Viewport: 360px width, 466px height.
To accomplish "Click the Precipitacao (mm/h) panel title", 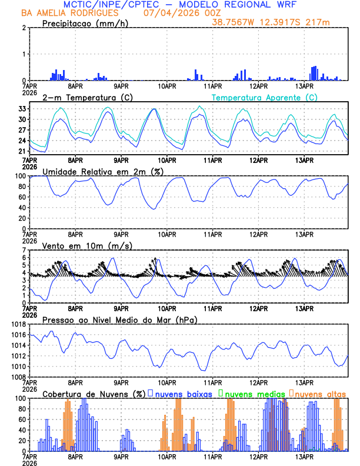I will pyautogui.click(x=83, y=23).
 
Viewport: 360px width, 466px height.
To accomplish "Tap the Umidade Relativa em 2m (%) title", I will pyautogui.click(x=102, y=171).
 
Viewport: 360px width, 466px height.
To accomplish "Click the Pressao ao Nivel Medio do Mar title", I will pyautogui.click(x=119, y=319).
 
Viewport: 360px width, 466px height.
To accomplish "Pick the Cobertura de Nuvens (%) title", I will pyautogui.click(x=94, y=394).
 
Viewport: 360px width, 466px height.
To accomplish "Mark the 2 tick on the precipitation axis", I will pyautogui.click(x=24, y=28).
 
